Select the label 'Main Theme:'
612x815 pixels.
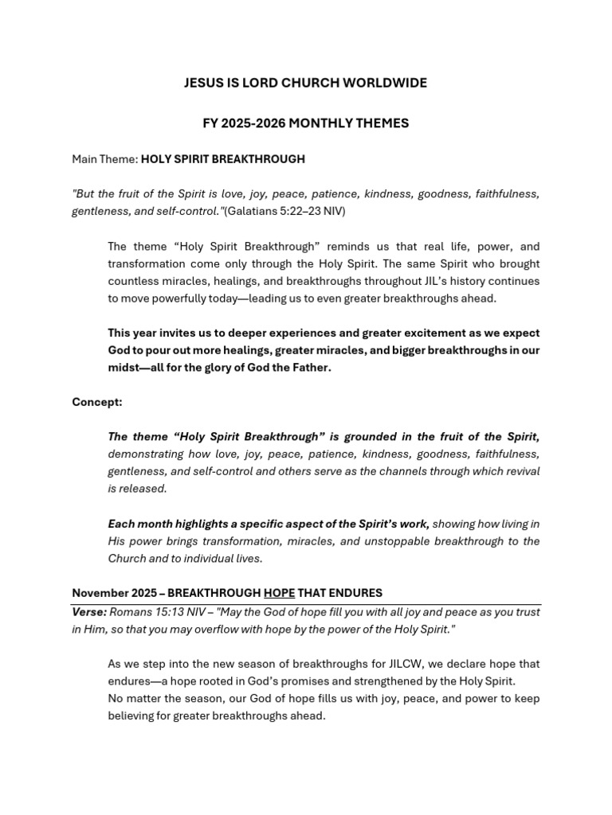click(x=104, y=159)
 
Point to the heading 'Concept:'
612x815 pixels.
click(x=97, y=402)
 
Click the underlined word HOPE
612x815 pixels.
click(x=279, y=593)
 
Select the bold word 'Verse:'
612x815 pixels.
click(x=89, y=612)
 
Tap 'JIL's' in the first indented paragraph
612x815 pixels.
click(x=421, y=281)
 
